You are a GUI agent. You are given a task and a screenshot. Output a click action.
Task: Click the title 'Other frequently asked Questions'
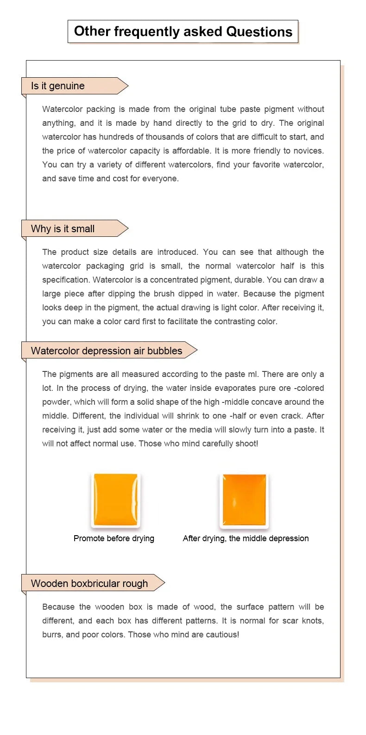coord(183,31)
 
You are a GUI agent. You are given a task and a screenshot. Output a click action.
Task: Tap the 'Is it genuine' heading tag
coord(58,86)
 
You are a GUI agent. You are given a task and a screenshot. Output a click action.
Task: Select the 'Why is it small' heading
coord(63,229)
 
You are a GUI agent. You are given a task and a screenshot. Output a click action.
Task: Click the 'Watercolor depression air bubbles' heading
coord(107,351)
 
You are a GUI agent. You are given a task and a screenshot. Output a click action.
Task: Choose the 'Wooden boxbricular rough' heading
coord(89,584)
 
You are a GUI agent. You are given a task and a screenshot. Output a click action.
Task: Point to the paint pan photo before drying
coord(115,500)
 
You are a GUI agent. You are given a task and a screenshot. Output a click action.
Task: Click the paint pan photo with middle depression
coord(244,500)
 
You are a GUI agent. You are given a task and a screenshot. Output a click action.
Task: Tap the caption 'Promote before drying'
coord(114,538)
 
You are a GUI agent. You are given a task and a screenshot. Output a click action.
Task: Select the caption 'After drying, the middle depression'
coord(246,538)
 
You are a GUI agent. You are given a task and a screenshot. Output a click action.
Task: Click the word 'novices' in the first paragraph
coord(308,151)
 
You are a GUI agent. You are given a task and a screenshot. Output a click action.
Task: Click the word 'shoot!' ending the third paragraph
coord(246,444)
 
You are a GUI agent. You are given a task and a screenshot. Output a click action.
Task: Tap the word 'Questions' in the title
coord(259,31)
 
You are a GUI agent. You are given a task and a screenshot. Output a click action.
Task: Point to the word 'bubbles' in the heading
coord(165,351)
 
